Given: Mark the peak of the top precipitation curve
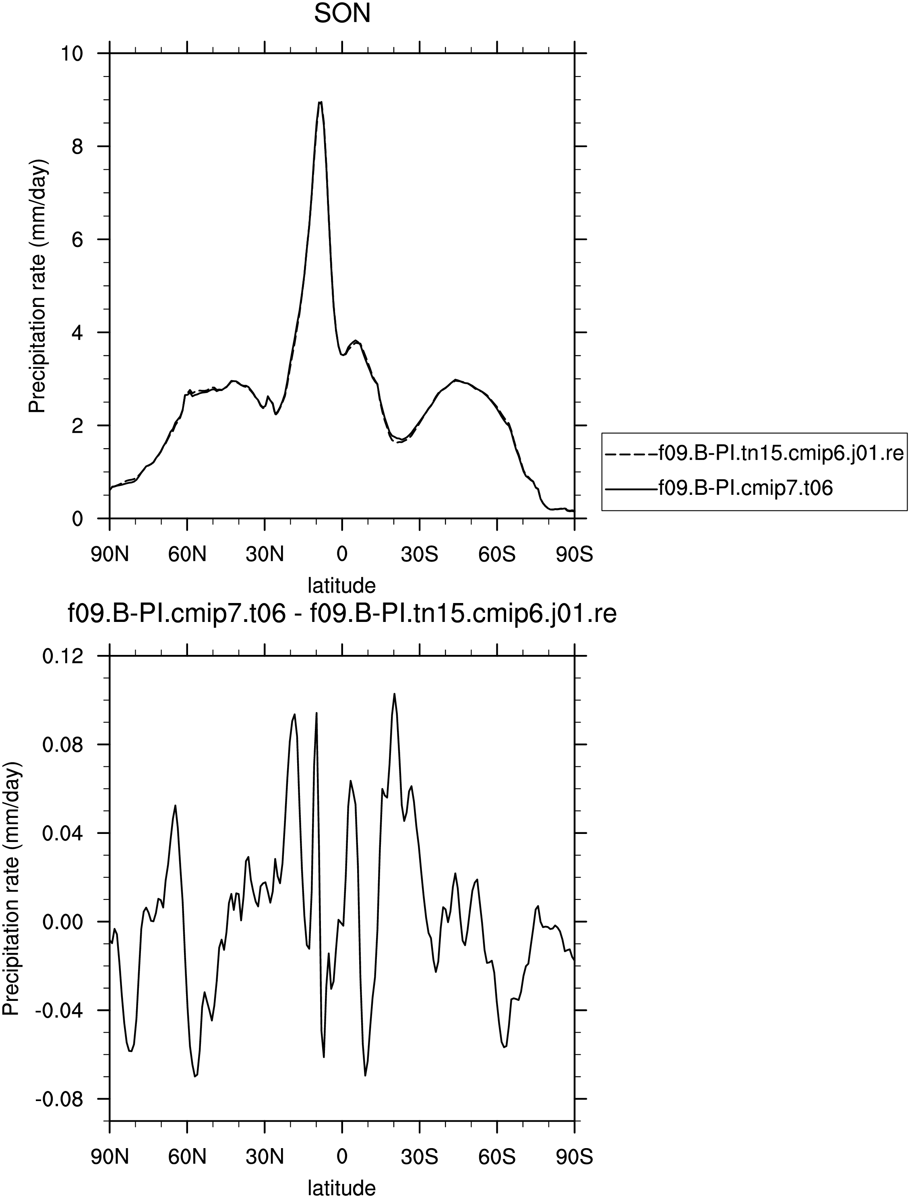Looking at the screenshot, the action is (321, 102).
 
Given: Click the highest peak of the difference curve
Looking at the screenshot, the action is (394, 693).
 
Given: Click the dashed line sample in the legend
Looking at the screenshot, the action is (630, 453).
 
